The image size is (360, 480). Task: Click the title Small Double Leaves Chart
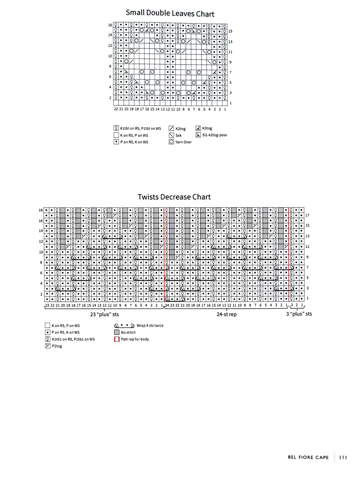click(x=170, y=13)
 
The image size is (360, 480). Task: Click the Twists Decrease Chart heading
click(x=174, y=197)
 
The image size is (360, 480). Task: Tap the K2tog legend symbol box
click(x=171, y=128)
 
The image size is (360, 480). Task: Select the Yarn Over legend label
click(x=183, y=142)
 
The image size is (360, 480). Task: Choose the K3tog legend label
click(x=207, y=128)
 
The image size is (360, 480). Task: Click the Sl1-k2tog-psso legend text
click(x=214, y=135)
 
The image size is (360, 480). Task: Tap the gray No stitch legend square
click(x=117, y=332)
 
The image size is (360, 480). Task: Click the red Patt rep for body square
click(x=117, y=339)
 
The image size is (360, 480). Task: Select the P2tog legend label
click(x=57, y=346)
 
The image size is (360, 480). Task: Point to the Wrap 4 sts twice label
click(x=150, y=326)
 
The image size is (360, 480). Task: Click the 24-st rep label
click(x=226, y=314)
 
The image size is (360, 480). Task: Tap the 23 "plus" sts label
click(x=104, y=314)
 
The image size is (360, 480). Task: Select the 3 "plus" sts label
click(x=299, y=314)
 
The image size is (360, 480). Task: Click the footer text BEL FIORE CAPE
click(x=308, y=458)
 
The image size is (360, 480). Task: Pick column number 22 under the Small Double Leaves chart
click(x=116, y=109)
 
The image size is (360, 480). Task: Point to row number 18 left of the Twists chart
click(x=41, y=210)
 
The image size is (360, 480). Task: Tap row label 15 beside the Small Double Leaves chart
click(x=230, y=31)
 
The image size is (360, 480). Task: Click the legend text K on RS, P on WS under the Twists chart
click(x=65, y=326)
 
